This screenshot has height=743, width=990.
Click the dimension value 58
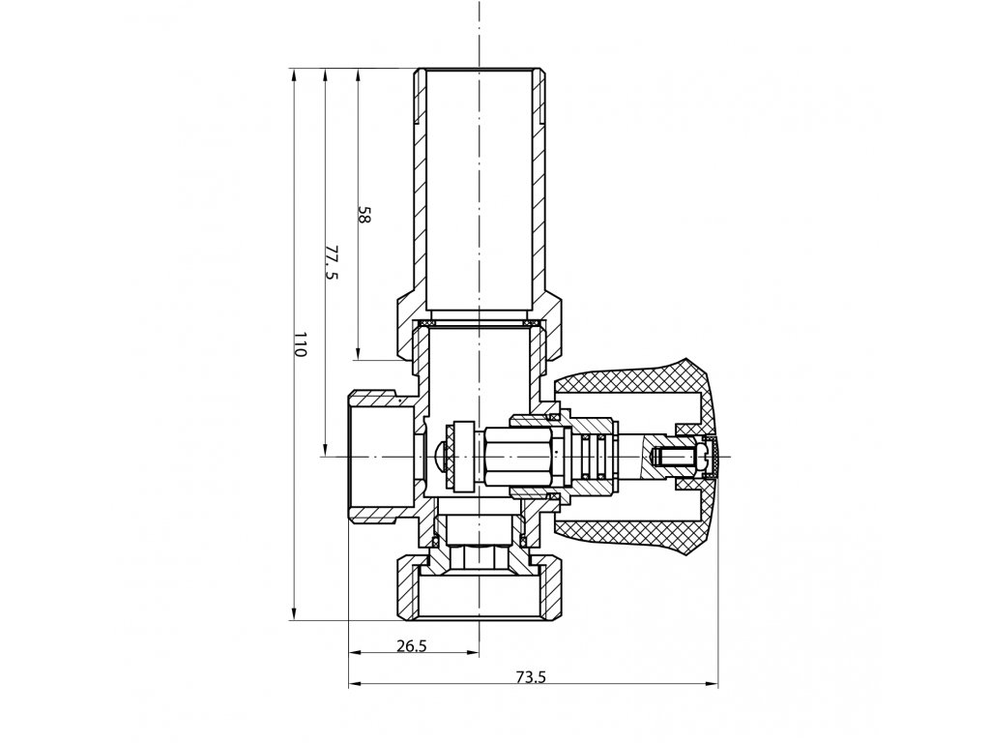364,215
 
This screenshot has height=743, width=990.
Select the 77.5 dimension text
330,262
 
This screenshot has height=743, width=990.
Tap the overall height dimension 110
299,344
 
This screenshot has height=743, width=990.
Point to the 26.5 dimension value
412,646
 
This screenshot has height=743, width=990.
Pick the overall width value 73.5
532,677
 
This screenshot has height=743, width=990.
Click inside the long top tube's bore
480,193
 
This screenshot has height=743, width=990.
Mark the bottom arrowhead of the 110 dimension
293,615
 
